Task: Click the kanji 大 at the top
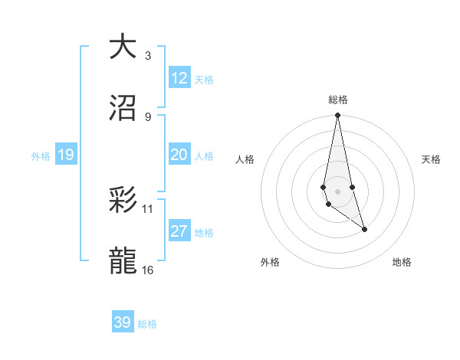tap(123, 47)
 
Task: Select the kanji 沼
tap(123, 109)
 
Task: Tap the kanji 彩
tap(123, 201)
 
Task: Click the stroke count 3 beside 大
tap(147, 55)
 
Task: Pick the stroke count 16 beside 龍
tap(147, 270)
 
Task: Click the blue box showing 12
tap(179, 78)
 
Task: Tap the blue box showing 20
tap(179, 155)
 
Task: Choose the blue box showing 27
tap(179, 231)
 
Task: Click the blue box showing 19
tap(65, 155)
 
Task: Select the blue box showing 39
tap(122, 322)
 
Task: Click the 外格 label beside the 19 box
tap(41, 155)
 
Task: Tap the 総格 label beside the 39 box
tap(147, 323)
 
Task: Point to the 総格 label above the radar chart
tap(338, 100)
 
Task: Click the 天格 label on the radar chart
tap(432, 159)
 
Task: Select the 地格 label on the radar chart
tap(402, 262)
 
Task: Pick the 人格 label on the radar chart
tap(245, 159)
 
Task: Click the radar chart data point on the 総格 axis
tap(337, 116)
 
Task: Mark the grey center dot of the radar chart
tap(337, 191)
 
